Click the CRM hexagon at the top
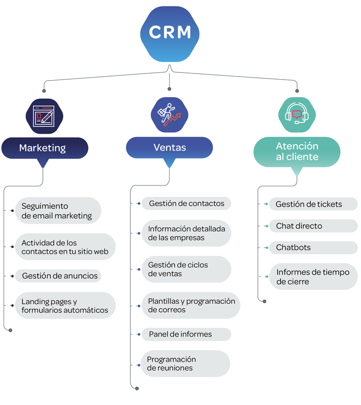point(170,33)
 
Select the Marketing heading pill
point(44,148)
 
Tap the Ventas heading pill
point(169,148)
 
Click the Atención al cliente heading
point(297,151)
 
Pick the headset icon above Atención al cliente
point(297,115)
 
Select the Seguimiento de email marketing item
point(57,211)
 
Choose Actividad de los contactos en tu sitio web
point(65,247)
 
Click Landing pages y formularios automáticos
point(65,306)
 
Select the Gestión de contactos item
point(186,204)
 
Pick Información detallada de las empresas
point(186,233)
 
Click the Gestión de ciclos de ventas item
point(186,269)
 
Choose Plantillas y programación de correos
point(190,305)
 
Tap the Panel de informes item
point(186,334)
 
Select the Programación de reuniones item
point(185,364)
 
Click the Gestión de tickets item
point(313,204)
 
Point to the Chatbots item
point(313,248)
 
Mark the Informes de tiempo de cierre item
point(313,277)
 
